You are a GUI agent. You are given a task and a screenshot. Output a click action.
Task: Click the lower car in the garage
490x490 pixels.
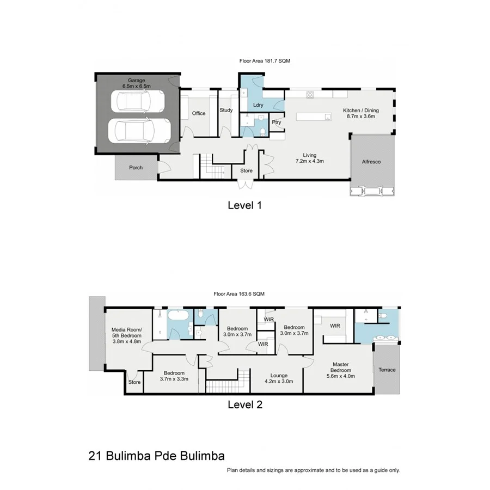tap(139, 131)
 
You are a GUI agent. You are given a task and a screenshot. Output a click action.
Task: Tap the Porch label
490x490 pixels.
tap(136, 168)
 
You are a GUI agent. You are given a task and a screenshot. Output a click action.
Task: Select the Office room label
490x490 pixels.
tap(199, 113)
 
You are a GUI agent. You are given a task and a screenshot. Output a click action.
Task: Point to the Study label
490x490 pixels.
tap(226, 110)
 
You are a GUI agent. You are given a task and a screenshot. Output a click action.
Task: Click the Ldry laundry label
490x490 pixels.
tap(259, 105)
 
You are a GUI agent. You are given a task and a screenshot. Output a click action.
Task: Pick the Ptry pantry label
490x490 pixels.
tap(277, 122)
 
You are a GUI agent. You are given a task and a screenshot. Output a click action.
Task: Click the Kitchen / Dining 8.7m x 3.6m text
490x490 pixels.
tap(360, 114)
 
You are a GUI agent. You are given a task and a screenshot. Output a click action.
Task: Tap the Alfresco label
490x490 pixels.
tap(372, 162)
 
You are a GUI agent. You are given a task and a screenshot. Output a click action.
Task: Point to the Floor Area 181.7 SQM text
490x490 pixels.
tap(265, 62)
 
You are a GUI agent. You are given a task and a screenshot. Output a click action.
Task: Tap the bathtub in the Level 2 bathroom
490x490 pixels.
tap(177, 316)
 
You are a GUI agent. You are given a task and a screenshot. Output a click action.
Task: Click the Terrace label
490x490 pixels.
tap(387, 370)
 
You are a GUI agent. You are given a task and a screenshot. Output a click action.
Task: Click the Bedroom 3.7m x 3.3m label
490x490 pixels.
tap(174, 375)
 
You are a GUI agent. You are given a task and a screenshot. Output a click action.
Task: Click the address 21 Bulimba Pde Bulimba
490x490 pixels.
tap(156, 455)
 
